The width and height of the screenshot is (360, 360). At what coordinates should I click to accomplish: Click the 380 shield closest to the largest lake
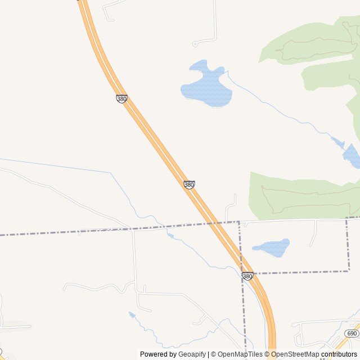(121, 98)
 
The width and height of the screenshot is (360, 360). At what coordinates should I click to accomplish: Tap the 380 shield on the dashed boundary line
(247, 276)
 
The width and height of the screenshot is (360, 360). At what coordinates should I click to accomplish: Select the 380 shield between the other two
(189, 184)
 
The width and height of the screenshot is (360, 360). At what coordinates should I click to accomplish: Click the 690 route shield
(352, 334)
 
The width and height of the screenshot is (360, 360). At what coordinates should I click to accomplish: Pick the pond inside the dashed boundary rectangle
(271, 247)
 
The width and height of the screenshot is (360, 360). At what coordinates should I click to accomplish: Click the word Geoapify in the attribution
(192, 354)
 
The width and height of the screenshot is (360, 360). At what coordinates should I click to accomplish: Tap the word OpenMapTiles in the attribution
(240, 354)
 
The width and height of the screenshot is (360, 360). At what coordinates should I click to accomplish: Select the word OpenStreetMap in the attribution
(295, 354)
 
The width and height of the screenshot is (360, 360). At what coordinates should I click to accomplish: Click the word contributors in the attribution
(339, 354)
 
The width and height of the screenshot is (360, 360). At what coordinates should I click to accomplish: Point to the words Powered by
(158, 354)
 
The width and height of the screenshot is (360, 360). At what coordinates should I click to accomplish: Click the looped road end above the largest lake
(195, 43)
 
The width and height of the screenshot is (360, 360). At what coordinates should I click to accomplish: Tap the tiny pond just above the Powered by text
(132, 314)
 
